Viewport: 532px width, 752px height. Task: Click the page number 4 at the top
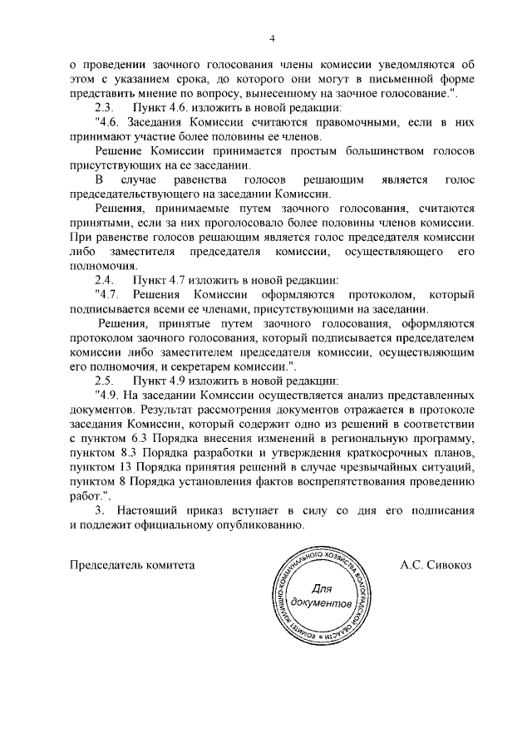[x=271, y=38]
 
